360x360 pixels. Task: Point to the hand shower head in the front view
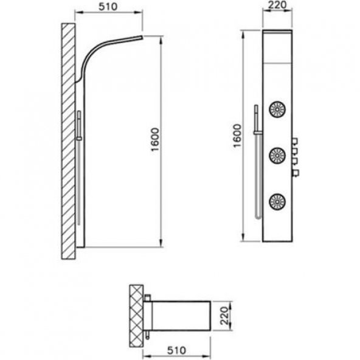257,111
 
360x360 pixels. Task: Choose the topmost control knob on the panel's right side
294,142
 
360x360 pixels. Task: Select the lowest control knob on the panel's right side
295,174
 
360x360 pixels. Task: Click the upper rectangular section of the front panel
278,52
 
